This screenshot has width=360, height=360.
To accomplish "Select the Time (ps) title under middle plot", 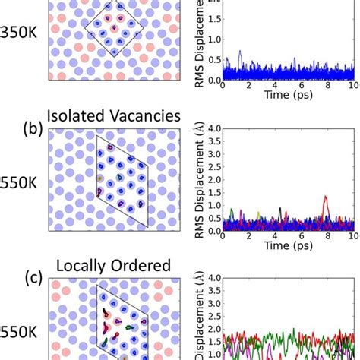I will [x=286, y=247].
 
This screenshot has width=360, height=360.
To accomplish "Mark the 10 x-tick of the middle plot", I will [x=352, y=236].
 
